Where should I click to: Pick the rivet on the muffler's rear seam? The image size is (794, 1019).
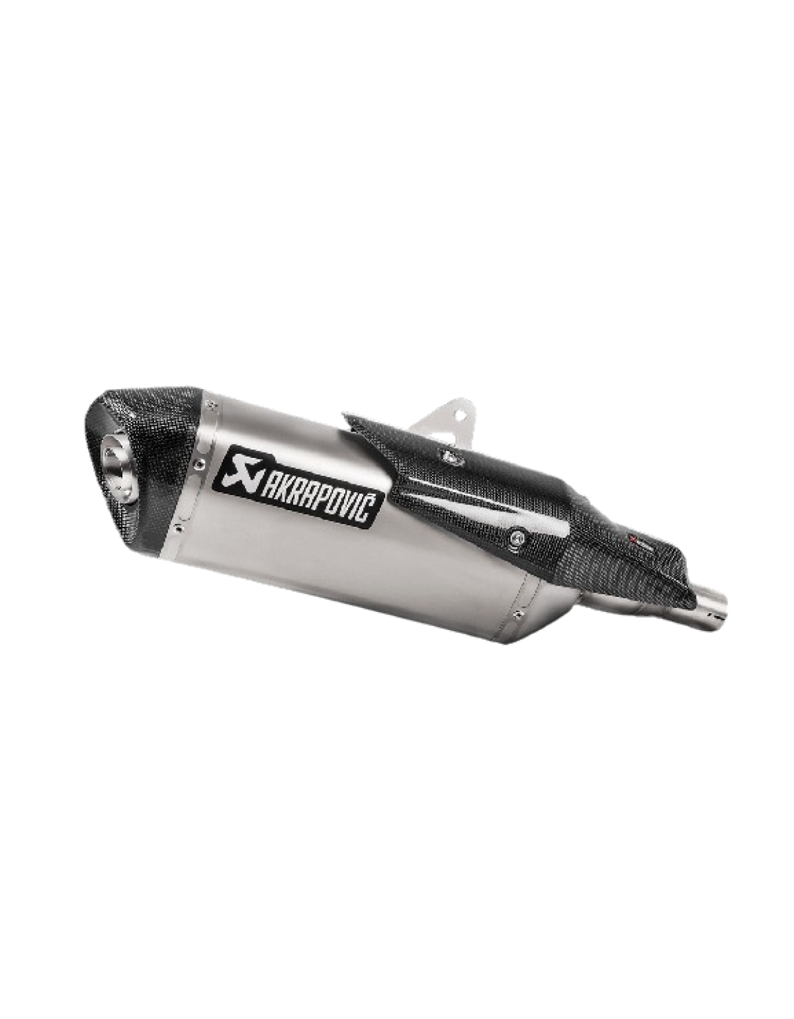[x=515, y=615]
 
